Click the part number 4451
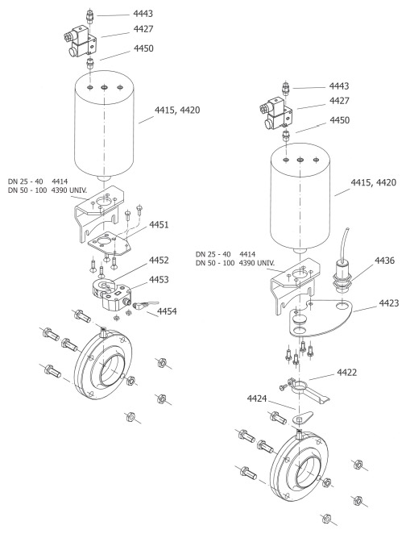click(x=159, y=225)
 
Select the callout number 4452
click(x=159, y=261)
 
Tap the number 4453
click(x=159, y=279)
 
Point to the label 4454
click(x=167, y=311)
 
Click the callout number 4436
click(x=384, y=261)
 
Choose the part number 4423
click(x=389, y=303)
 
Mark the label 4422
click(x=347, y=373)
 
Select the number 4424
click(x=257, y=398)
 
